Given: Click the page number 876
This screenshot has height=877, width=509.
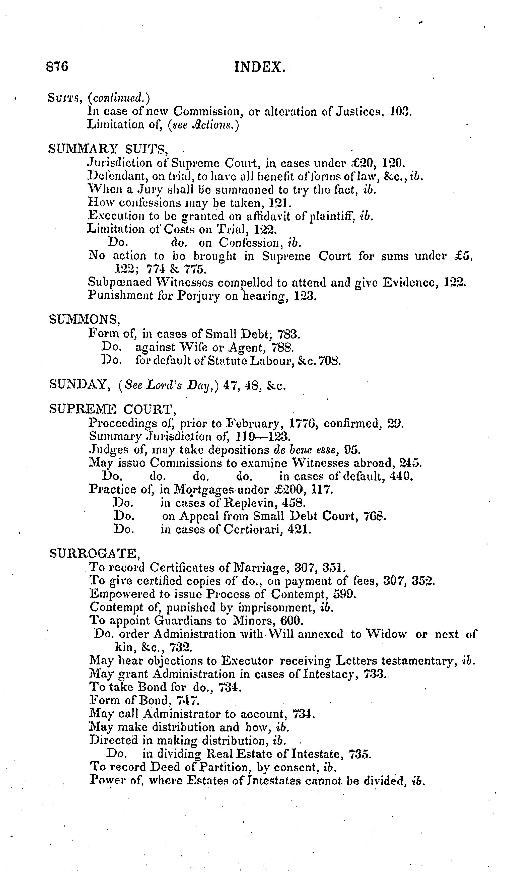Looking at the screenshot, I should coord(57,66).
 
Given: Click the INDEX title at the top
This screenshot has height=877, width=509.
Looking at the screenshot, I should coord(260,67).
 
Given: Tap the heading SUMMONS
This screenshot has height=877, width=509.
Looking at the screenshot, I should coord(85,319).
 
